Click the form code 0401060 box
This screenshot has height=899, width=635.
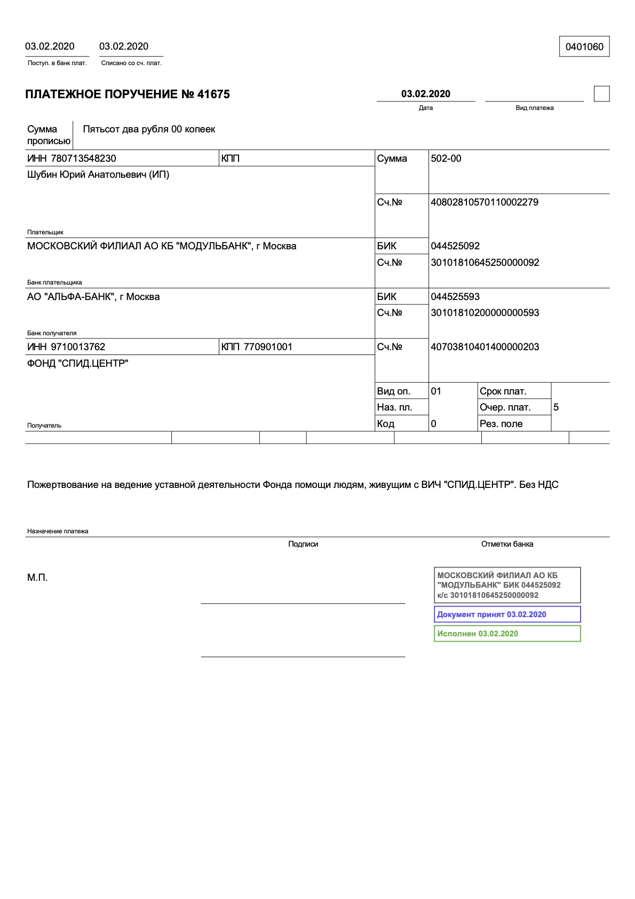pos(584,46)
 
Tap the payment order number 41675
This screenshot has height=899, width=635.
pos(213,94)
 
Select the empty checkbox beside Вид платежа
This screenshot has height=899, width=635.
pos(601,94)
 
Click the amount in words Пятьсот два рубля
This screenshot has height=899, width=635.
pos(149,129)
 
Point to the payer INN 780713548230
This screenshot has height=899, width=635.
pos(83,159)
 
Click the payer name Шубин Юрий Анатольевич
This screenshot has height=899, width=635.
pos(98,175)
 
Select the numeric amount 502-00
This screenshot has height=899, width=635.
pos(446,159)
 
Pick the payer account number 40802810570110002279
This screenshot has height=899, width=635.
pos(485,202)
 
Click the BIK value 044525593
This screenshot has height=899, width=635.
pos(455,297)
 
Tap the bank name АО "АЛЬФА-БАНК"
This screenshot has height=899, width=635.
pos(93,297)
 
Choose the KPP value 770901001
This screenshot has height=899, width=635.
pos(268,347)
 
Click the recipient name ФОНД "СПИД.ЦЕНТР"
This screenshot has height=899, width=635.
pos(77,364)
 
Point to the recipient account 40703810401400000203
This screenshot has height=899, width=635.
pos(485,347)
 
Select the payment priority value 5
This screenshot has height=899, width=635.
pos(556,407)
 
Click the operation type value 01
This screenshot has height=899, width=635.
pos(436,391)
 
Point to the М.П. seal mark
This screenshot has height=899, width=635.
pos(37,578)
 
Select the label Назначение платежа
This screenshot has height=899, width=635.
pos(58,531)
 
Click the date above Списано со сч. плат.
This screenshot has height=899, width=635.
pos(124,46)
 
